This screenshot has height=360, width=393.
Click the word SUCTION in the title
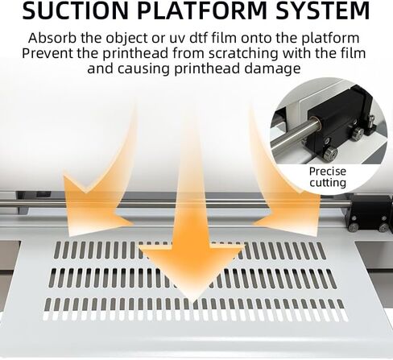pos(75,10)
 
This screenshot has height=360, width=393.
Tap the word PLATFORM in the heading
pos(204,10)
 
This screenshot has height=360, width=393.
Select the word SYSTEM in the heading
pos(323,10)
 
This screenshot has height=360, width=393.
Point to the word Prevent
pos(48,53)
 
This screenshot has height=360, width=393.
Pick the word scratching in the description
pos(243,54)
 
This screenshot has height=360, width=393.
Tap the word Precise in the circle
pos(328,172)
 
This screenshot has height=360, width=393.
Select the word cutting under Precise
pos(328,183)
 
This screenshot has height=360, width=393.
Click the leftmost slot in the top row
pos(58,250)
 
